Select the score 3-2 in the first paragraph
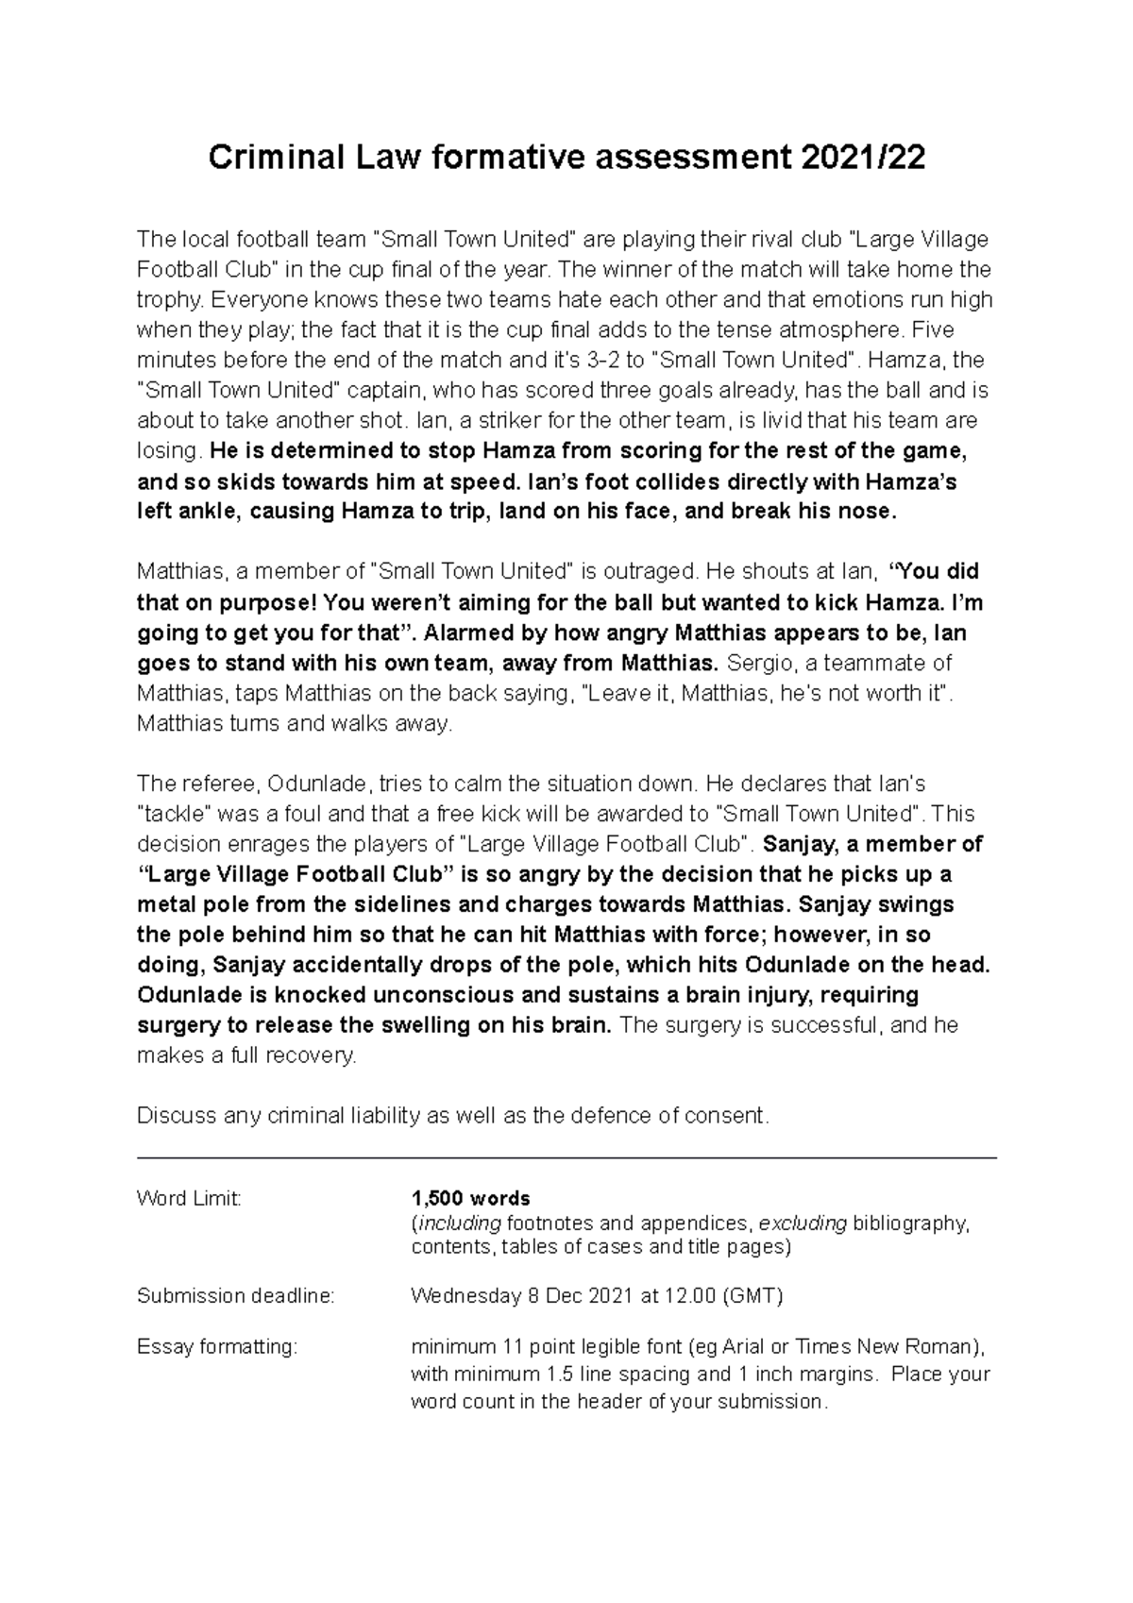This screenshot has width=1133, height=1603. tap(611, 361)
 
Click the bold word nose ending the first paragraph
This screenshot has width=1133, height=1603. tap(868, 512)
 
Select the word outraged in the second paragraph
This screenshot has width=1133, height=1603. tap(648, 572)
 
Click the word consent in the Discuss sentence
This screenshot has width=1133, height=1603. tap(731, 1116)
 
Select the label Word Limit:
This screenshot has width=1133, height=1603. tap(189, 1199)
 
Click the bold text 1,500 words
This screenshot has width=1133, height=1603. tap(470, 1199)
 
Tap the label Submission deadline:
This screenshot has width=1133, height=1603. tap(235, 1296)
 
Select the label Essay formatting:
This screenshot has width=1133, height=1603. tap(217, 1347)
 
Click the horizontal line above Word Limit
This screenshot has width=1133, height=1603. tap(566, 1157)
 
